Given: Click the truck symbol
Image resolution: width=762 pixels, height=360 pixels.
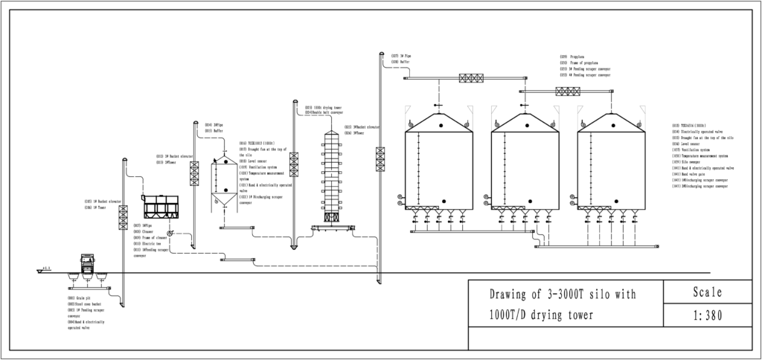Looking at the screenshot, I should (88, 262).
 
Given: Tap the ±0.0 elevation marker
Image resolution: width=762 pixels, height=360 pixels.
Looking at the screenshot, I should (46, 268).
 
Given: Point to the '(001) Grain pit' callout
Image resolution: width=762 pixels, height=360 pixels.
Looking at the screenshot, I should (79, 298).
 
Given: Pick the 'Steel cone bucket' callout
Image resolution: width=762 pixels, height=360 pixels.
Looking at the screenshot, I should (85, 303).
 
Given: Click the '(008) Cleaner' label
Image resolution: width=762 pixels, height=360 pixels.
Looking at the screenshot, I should (143, 231).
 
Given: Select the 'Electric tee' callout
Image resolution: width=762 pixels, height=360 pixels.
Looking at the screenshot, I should (147, 243).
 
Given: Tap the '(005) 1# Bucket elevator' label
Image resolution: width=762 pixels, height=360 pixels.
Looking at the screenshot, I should (103, 201).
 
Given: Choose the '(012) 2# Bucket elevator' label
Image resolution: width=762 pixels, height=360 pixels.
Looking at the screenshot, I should (174, 156).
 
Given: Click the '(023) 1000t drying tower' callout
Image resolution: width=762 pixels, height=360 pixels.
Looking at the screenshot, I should (324, 107).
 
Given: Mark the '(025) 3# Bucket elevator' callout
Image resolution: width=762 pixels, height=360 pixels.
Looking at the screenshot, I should (362, 127).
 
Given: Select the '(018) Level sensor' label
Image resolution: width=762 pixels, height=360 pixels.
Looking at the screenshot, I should (253, 161).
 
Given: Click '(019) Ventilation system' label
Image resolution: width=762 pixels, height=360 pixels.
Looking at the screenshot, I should (258, 167).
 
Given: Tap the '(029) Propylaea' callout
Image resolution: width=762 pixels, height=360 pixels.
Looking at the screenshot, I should (572, 57).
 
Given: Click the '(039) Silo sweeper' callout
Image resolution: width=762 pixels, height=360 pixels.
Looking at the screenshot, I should (686, 161).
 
